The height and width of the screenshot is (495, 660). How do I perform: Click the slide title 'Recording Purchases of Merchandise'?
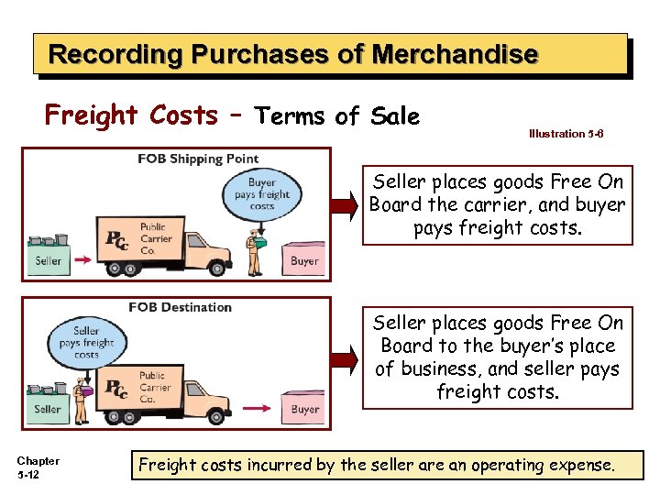click(292, 54)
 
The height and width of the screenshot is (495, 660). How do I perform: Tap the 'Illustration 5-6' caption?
click(566, 134)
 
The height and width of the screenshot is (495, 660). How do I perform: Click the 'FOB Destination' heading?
click(181, 307)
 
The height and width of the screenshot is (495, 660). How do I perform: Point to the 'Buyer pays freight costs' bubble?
click(262, 194)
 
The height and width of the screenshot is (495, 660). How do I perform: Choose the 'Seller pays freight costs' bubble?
click(86, 342)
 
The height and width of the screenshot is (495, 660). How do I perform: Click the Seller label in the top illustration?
click(49, 261)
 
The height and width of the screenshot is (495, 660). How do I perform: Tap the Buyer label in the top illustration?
click(304, 261)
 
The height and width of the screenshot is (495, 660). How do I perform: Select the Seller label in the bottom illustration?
click(48, 409)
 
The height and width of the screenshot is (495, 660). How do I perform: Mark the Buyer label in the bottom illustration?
click(305, 410)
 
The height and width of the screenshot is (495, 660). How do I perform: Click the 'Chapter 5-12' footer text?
click(38, 467)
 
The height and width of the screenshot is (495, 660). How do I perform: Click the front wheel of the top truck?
click(216, 269)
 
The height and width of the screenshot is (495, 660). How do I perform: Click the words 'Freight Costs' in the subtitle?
click(131, 115)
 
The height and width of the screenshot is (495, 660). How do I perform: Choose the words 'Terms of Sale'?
click(337, 116)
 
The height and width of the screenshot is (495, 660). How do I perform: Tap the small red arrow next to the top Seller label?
click(82, 261)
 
